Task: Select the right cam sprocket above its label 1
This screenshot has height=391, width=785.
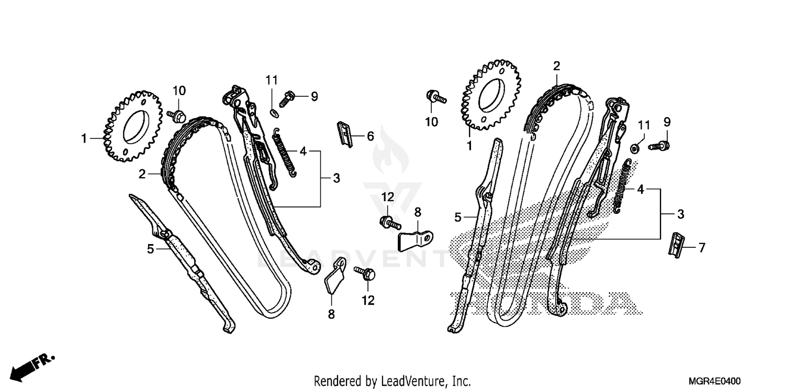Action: pyautogui.click(x=490, y=95)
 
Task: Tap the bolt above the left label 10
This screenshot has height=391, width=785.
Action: pyautogui.click(x=176, y=114)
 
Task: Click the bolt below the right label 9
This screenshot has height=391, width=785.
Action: pyautogui.click(x=660, y=146)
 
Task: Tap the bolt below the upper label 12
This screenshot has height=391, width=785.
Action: pyautogui.click(x=390, y=223)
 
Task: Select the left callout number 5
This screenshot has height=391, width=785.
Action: pyautogui.click(x=151, y=249)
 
